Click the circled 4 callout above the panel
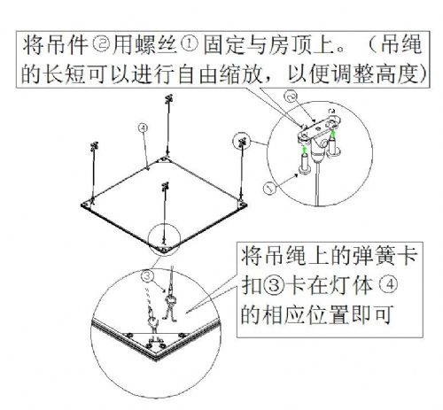pos(143,128)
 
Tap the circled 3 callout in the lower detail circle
pos(148,276)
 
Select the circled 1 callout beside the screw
pos(269,188)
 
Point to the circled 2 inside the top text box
pos(101,45)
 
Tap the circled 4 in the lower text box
pos(390,285)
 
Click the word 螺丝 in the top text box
pos(157,45)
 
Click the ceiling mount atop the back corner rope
pos(168,98)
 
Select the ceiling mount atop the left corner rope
pos(94,146)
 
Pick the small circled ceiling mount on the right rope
pos(242,142)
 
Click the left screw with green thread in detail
pos(304,160)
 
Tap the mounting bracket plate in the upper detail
pos(320,129)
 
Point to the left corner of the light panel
pos(82,205)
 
